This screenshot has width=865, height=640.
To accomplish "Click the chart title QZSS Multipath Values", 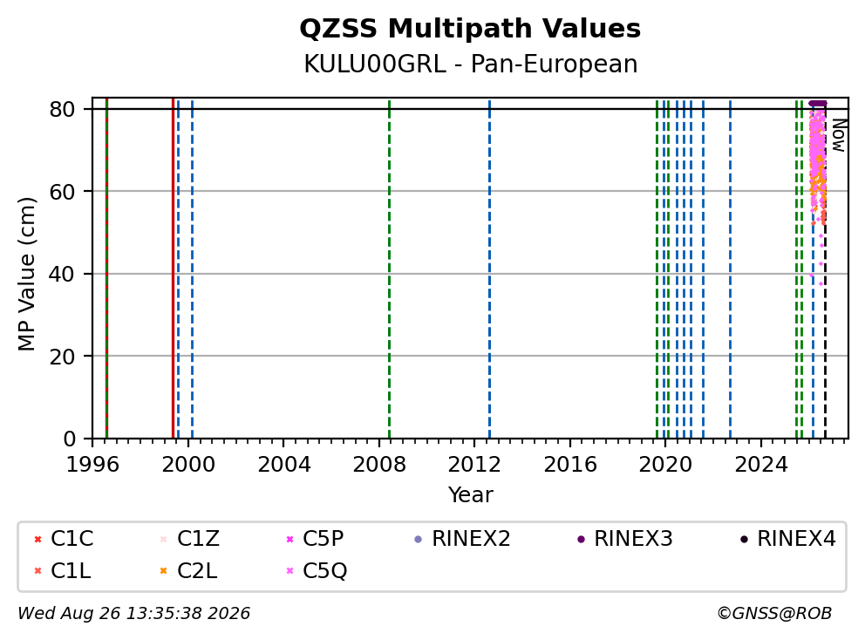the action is pyautogui.click(x=470, y=29).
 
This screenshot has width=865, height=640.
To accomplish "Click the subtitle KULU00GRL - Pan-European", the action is pyautogui.click(x=471, y=64).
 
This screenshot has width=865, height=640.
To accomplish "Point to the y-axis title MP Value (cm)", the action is pyautogui.click(x=26, y=274).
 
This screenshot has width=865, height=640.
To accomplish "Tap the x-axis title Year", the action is pyautogui.click(x=471, y=494).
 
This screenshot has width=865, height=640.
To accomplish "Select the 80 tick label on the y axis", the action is pyautogui.click(x=62, y=109).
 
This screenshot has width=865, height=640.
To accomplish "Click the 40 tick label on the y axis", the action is pyautogui.click(x=62, y=274).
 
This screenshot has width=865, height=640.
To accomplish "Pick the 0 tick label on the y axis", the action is pyautogui.click(x=69, y=439).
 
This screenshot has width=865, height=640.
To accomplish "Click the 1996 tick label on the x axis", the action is pyautogui.click(x=92, y=465).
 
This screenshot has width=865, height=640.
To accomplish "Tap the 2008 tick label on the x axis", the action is pyautogui.click(x=379, y=465).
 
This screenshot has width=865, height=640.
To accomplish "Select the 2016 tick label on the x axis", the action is pyautogui.click(x=570, y=465).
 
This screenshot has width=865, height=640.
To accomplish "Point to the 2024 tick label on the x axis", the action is pyautogui.click(x=760, y=465).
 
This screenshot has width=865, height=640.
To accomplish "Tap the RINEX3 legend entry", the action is pyautogui.click(x=625, y=539).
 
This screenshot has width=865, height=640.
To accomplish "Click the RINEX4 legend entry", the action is pyautogui.click(x=787, y=539).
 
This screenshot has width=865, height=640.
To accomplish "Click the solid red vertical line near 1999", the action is pyautogui.click(x=174, y=269).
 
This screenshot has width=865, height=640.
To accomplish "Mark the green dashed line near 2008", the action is pyautogui.click(x=390, y=269).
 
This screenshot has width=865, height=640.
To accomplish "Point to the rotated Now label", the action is pyautogui.click(x=839, y=136).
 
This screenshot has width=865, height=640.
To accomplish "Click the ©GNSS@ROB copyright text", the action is pyautogui.click(x=774, y=613).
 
